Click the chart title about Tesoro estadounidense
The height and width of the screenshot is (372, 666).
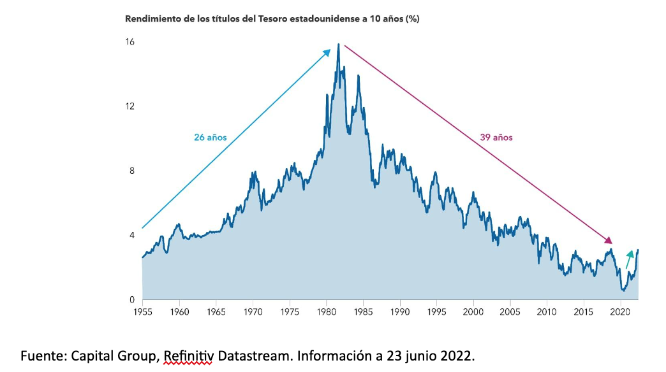coord(272,18)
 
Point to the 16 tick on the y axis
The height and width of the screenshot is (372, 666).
coord(130,42)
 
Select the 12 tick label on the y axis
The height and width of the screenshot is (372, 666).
coord(130,106)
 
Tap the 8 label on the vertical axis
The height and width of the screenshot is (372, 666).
coord(131,171)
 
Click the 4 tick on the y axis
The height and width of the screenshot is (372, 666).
coord(131,236)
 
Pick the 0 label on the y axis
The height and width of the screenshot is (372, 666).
coord(131,300)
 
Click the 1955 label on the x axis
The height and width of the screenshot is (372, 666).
coord(142,312)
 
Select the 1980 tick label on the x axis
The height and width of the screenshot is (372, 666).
coord(327,312)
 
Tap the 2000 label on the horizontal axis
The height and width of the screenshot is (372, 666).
coord(473,312)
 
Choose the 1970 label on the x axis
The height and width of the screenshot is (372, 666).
coord(253,312)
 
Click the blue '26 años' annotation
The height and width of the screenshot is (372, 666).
coord(211,138)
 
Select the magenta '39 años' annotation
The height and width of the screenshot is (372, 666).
coord(496,138)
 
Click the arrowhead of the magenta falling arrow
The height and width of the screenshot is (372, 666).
coord(609,241)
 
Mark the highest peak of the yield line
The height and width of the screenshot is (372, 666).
coord(338,45)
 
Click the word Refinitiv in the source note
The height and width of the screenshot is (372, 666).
coord(188,355)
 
